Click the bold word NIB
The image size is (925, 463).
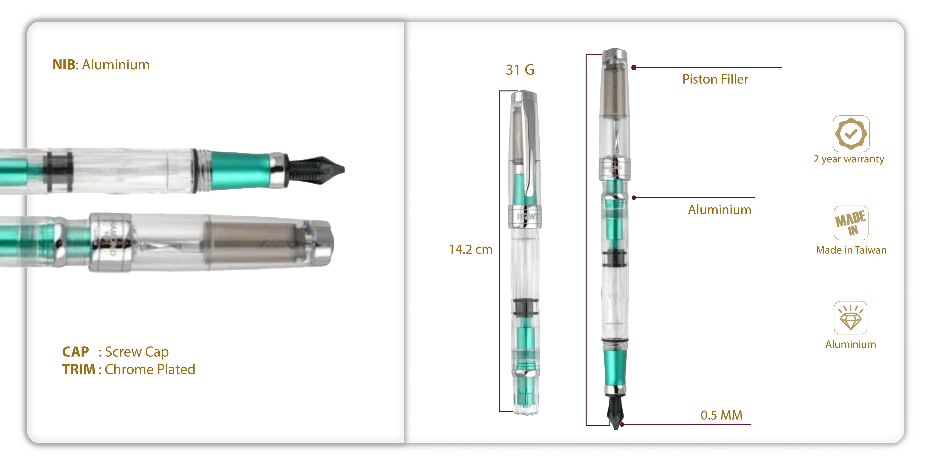click(64, 65)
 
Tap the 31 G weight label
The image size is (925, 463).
click(520, 70)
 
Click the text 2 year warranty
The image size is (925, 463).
click(849, 159)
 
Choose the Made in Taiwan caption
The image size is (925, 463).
click(851, 250)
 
